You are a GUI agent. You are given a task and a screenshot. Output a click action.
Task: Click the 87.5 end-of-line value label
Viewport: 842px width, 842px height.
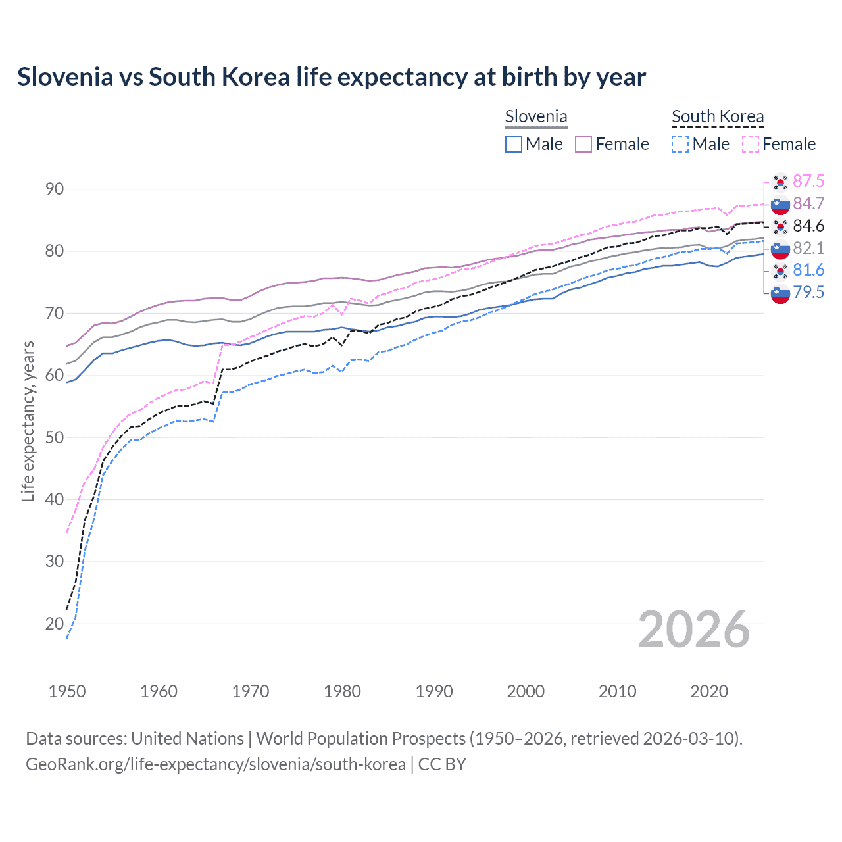pos(808,181)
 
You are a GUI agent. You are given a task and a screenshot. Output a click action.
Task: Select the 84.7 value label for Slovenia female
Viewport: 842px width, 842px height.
pos(808,203)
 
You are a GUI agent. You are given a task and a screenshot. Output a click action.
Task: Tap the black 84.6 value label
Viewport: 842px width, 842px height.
pos(808,226)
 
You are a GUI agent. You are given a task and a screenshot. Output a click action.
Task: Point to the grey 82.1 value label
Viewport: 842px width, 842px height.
pos(808,248)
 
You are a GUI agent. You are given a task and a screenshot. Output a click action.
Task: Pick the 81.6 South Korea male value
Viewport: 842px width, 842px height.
pos(808,270)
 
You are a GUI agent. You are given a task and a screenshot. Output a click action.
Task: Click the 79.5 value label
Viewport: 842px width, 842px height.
pos(808,292)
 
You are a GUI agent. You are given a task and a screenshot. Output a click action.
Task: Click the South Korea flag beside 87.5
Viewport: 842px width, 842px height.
pos(780,182)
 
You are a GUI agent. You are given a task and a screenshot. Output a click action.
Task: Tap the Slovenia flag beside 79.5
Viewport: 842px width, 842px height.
pos(780,293)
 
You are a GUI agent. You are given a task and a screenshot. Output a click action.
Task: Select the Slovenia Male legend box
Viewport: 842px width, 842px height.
pos(514,144)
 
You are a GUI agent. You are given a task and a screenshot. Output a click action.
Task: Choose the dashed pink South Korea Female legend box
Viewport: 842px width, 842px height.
pos(751,144)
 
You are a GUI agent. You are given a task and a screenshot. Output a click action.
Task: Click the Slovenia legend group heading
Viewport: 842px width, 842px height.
pos(536,117)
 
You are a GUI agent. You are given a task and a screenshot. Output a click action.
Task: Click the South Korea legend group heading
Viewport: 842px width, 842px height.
pos(718,117)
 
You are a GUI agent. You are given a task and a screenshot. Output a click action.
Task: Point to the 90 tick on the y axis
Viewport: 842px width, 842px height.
pos(55,189)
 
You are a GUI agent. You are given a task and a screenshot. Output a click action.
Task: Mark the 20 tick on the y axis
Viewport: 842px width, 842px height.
pos(55,624)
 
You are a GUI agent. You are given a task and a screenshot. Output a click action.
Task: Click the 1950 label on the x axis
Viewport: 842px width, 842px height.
pos(67,691)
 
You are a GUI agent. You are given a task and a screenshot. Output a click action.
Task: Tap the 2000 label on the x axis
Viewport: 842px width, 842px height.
pos(526,691)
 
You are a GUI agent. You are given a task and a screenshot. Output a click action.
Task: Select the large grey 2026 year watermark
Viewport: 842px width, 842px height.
pos(694,630)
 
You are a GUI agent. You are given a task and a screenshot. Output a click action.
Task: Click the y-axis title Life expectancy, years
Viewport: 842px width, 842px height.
pos(28,421)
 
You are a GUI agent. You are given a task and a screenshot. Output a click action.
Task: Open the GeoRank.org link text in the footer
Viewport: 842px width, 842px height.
pos(216,764)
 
